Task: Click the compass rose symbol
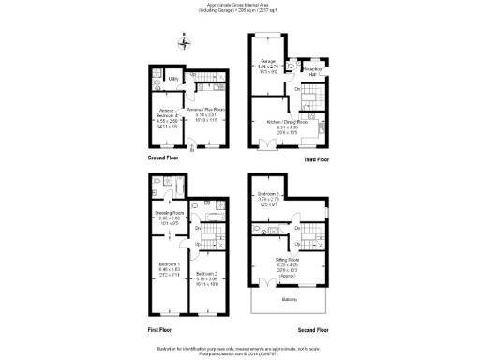coord(185,42)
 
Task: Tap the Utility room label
coord(173,79)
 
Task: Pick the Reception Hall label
coord(314,69)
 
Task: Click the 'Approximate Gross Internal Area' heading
coord(240,6)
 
